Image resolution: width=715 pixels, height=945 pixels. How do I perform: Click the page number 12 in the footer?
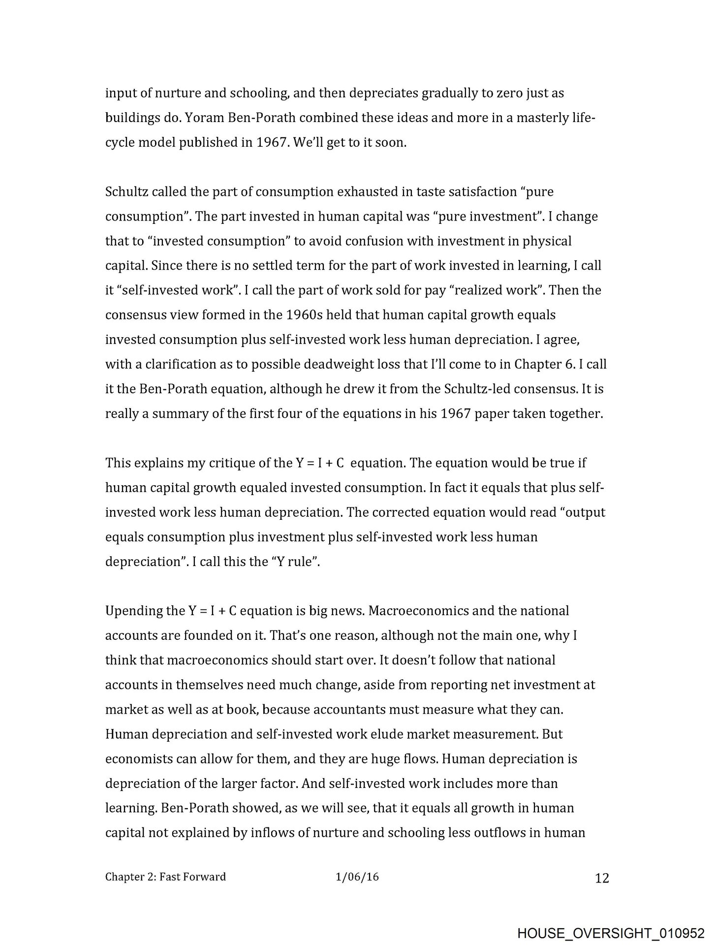602,878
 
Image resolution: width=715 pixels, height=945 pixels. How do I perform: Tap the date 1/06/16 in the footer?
357,877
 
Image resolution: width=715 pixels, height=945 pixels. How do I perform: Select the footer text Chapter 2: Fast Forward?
165,877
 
